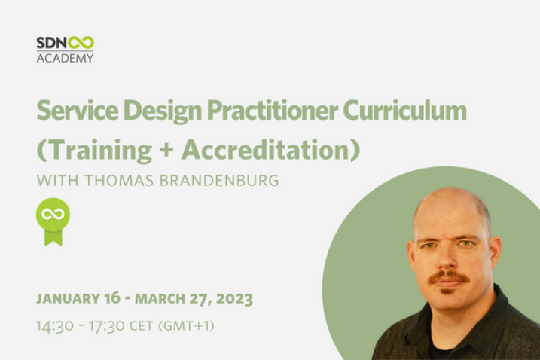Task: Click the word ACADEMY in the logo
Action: (65, 58)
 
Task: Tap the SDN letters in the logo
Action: (52, 43)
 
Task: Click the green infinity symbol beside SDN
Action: (81, 43)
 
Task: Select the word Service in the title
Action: (78, 110)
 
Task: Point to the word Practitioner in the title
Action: (273, 111)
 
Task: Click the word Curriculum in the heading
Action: (404, 110)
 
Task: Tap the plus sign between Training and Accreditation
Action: (166, 151)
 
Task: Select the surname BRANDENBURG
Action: (219, 181)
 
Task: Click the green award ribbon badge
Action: (53, 221)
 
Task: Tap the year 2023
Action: (234, 299)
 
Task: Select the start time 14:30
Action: (55, 325)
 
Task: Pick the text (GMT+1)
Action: (186, 325)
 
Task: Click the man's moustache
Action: (449, 276)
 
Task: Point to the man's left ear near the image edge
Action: (495, 253)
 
